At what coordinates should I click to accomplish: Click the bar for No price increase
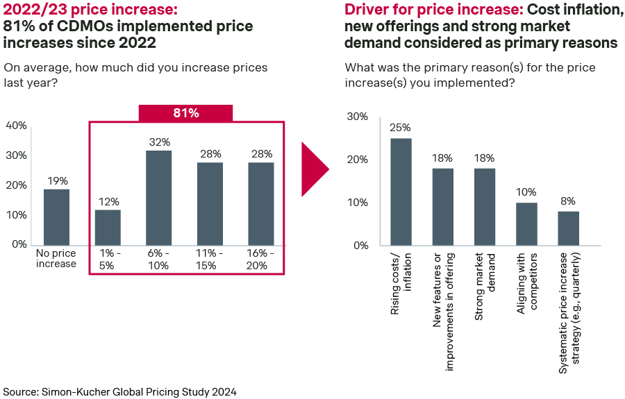coord(57,217)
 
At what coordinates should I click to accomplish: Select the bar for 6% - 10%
coord(159,197)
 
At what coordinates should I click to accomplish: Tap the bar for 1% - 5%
coord(108,227)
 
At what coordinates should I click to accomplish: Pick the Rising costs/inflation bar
coord(401,192)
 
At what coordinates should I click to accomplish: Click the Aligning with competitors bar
coord(526,223)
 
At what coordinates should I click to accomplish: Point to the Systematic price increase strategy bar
coord(568,228)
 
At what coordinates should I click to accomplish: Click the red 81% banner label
coord(186,113)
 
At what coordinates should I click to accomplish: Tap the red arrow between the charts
coord(314,169)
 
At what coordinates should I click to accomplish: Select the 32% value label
coord(159,142)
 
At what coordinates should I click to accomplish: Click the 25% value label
coord(401,128)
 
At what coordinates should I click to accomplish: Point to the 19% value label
coord(57,181)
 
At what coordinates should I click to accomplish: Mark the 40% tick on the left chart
coord(16,126)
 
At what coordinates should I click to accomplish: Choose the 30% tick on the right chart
coord(358,117)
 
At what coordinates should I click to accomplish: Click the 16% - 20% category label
coord(261,259)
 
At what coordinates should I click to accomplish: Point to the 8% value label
coord(568,202)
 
